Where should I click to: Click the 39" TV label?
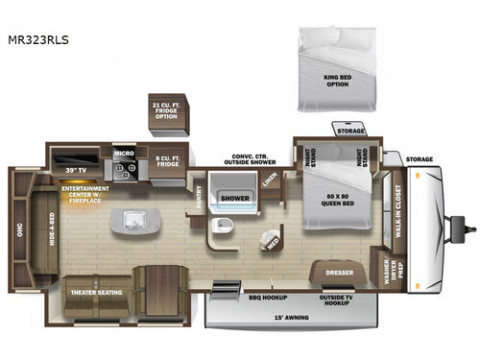(74, 170)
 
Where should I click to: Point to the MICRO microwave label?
(124, 153)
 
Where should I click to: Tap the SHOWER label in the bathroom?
(235, 199)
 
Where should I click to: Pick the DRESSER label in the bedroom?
(337, 272)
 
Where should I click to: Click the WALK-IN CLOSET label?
(396, 217)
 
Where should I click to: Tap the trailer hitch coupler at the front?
(469, 228)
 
